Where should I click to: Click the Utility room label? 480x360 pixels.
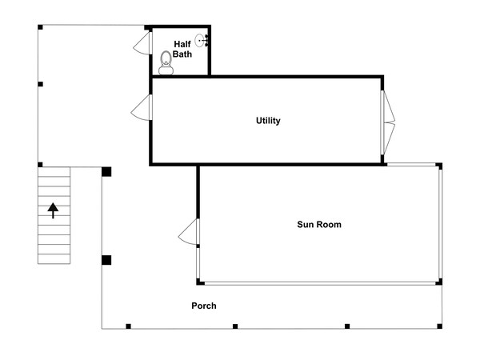(268, 121)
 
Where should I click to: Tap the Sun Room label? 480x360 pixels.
(319, 224)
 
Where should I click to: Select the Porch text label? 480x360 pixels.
(204, 306)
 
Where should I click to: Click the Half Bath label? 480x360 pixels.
(182, 49)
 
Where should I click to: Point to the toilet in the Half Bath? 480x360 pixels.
(166, 62)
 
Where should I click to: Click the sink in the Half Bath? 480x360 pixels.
(202, 41)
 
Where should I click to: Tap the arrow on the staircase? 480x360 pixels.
(53, 210)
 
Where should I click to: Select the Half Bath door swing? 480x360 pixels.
(142, 43)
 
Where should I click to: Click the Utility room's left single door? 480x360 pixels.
(142, 107)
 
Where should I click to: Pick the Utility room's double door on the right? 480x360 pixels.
(387, 122)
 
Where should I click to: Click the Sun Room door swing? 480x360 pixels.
(189, 232)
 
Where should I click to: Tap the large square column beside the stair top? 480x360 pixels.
(106, 172)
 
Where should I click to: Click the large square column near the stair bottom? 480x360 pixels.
(106, 260)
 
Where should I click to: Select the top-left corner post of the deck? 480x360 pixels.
(40, 27)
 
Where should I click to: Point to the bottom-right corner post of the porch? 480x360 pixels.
(439, 326)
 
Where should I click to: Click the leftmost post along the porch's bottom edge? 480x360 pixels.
(128, 326)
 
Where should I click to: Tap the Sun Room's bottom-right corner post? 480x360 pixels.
(438, 282)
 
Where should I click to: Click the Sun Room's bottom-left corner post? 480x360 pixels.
(200, 282)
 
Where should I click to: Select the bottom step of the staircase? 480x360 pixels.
(54, 259)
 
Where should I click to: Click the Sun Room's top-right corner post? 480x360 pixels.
(439, 166)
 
